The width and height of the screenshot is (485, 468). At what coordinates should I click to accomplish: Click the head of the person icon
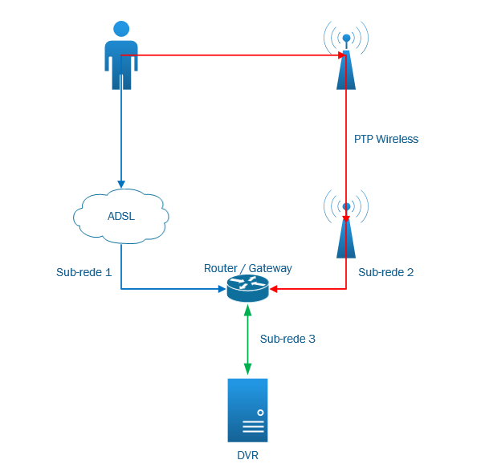click(x=121, y=29)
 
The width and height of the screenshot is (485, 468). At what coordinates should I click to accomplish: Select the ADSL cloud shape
click(x=121, y=216)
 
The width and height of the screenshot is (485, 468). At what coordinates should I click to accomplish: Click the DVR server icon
click(x=247, y=410)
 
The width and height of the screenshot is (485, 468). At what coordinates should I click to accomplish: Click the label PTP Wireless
click(x=386, y=139)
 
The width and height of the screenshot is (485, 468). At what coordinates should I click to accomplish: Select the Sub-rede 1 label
click(x=84, y=272)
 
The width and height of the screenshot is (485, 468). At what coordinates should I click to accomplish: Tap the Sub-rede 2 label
click(x=386, y=272)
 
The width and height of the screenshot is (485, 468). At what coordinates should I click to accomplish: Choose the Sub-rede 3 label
click(x=287, y=339)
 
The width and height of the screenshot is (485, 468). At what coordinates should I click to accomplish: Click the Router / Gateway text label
click(x=248, y=267)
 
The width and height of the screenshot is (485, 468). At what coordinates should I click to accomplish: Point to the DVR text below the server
click(x=247, y=455)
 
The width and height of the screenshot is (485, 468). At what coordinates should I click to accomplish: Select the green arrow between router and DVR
click(x=247, y=340)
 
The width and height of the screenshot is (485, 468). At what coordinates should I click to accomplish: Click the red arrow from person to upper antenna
click(x=233, y=55)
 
